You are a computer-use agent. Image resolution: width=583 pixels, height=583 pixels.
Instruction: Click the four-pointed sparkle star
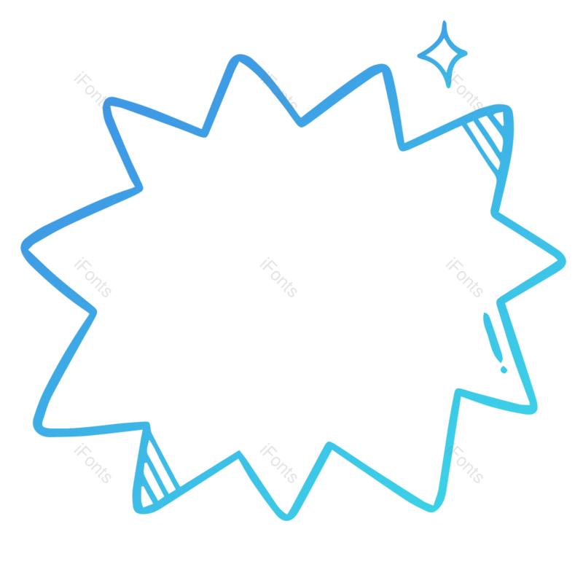[x=442, y=54]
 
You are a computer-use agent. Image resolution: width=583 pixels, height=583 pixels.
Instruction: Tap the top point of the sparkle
[x=443, y=23]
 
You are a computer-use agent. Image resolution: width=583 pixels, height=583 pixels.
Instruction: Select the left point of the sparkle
[x=419, y=55]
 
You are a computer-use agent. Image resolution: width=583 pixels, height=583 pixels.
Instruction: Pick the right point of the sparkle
[x=466, y=52]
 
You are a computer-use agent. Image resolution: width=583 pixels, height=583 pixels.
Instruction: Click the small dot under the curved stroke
[x=504, y=369]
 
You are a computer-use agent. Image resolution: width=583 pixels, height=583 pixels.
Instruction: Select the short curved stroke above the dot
[x=491, y=335]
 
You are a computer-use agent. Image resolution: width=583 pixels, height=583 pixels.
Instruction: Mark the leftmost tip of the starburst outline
[x=23, y=246]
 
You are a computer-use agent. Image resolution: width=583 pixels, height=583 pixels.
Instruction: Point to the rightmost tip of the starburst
[x=564, y=258]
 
